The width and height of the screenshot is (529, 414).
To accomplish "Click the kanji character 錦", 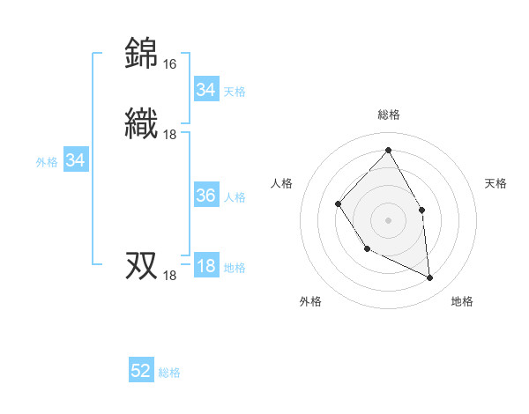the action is tap(142, 53).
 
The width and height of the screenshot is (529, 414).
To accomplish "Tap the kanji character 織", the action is tap(142, 122).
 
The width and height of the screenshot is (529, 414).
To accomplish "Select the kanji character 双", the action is tap(142, 264).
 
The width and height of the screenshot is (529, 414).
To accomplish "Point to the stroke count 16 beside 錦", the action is tap(169, 64).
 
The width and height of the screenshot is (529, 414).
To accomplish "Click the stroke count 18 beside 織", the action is tap(169, 134).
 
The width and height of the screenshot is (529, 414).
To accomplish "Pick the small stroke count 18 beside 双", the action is tap(169, 276).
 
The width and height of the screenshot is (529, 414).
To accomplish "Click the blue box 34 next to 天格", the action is tap(205, 90).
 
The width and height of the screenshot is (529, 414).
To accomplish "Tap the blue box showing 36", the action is tap(205, 196).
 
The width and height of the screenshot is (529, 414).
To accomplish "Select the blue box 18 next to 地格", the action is tap(205, 267).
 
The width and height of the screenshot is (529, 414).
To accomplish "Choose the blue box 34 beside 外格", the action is tap(76, 161).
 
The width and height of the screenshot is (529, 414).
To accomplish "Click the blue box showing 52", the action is tap(141, 372).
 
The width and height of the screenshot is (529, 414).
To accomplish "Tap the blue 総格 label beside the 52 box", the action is tap(169, 373).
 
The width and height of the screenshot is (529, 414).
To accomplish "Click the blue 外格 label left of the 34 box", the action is tap(47, 162).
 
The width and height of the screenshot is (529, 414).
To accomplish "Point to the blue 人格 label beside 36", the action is tap(235, 197).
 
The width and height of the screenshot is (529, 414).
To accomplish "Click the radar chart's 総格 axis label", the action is tap(388, 115).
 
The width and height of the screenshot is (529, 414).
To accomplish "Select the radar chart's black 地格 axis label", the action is tap(462, 301).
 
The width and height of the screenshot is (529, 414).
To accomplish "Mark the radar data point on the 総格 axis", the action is tap(388, 150).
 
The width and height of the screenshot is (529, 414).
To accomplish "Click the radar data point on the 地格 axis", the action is tap(429, 277).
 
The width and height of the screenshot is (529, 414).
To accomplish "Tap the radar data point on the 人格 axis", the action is tap(339, 204).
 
